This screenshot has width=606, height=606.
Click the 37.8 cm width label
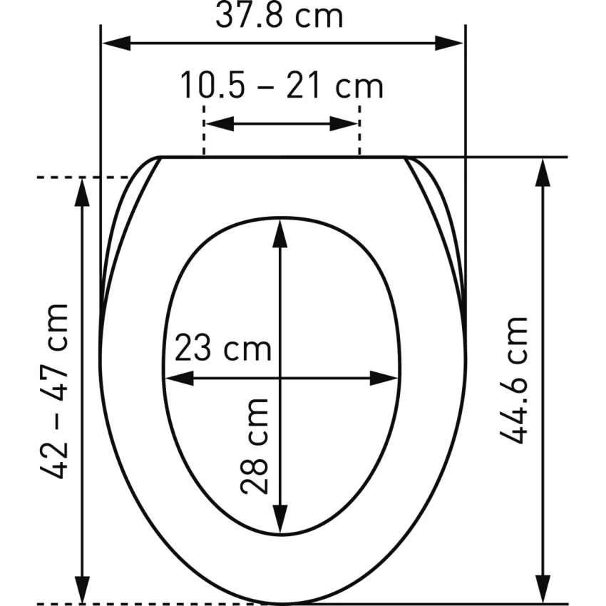tap(279, 16)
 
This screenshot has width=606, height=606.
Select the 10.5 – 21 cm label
tap(282, 86)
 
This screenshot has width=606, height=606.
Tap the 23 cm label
tap(223, 348)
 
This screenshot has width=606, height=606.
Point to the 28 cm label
tap(255, 446)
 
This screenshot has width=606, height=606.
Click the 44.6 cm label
tap(513, 380)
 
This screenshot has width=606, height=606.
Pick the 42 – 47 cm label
tap(54, 391)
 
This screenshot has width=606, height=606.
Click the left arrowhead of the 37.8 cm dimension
tap(116, 43)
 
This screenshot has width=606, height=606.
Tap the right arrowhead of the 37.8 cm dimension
tap(449, 43)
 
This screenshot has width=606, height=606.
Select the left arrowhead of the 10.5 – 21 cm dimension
tap(220, 123)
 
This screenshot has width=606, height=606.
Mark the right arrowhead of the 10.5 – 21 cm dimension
tap(344, 123)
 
